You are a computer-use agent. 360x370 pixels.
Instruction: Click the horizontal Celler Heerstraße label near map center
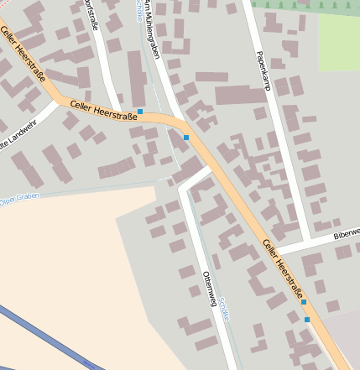(x=103, y=107)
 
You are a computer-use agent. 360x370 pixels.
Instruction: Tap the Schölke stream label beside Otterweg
(x=225, y=309)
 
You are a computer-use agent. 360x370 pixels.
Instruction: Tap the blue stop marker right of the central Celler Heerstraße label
(x=140, y=111)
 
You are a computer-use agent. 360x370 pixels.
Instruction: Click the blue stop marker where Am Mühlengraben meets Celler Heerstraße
(x=186, y=137)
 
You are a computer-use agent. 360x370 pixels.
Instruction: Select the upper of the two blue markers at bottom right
(x=304, y=302)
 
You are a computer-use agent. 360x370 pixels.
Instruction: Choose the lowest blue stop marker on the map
(x=307, y=320)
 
